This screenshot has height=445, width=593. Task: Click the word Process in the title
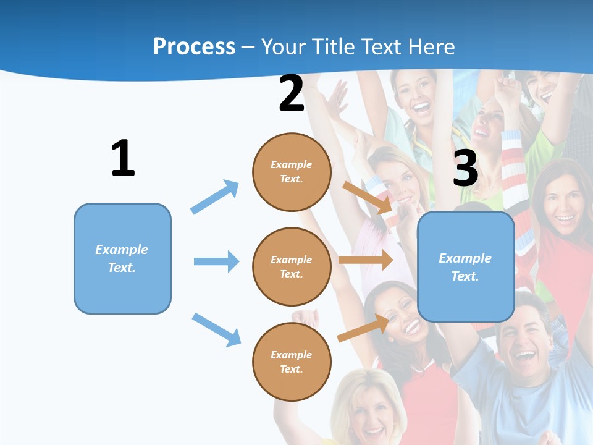(x=194, y=46)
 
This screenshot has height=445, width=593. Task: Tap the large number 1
(x=123, y=159)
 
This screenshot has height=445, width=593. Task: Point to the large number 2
(x=292, y=93)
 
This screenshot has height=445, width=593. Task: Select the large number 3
(x=465, y=168)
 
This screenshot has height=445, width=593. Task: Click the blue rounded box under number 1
(x=122, y=258)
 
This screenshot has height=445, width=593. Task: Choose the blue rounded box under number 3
(x=466, y=266)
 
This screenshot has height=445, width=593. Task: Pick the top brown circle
(x=292, y=172)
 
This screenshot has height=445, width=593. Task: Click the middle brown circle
(x=292, y=266)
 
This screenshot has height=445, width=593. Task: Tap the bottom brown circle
(x=292, y=362)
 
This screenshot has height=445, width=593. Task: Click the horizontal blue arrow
(x=216, y=261)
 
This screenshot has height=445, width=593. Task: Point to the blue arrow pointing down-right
(x=216, y=329)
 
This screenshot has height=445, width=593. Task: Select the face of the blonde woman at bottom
(x=369, y=411)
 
